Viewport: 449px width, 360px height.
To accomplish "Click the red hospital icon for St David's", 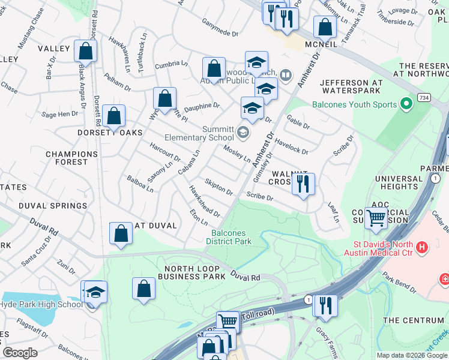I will [x=422, y=247].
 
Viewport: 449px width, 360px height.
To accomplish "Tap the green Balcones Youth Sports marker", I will [x=406, y=104].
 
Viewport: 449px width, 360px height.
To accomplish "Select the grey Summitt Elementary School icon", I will [x=243, y=132].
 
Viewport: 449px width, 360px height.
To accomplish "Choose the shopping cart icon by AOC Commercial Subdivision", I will [x=376, y=219].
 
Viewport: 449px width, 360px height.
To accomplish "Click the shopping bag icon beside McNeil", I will [x=325, y=27].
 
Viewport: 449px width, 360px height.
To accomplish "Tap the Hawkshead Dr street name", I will [x=205, y=202].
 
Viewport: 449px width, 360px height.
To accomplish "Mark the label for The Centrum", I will [x=414, y=320].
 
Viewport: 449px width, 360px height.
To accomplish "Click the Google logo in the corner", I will [x=20, y=353].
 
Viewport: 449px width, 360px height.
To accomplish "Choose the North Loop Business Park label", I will [x=187, y=272].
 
